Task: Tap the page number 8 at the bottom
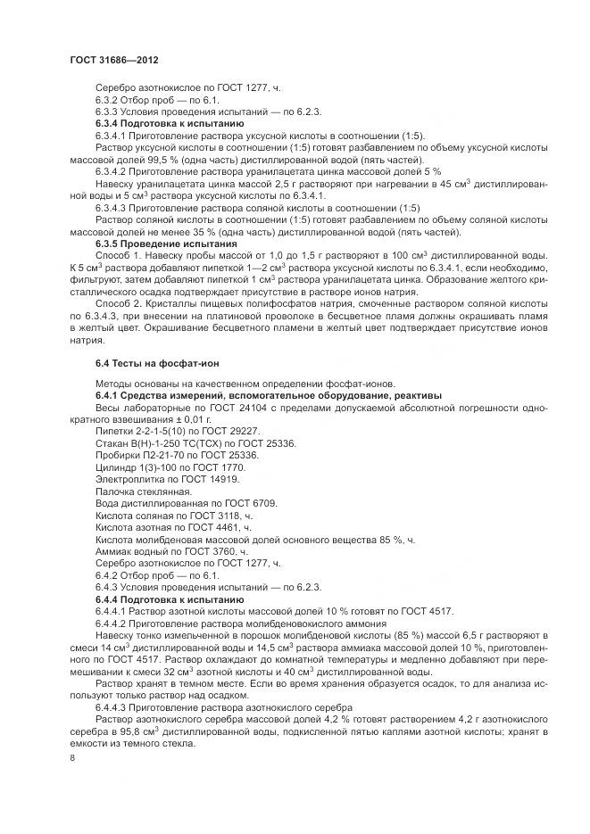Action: tap(72, 757)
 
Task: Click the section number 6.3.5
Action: tap(110, 244)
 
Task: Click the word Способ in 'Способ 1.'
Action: tap(113, 255)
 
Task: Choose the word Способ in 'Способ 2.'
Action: tap(113, 303)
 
